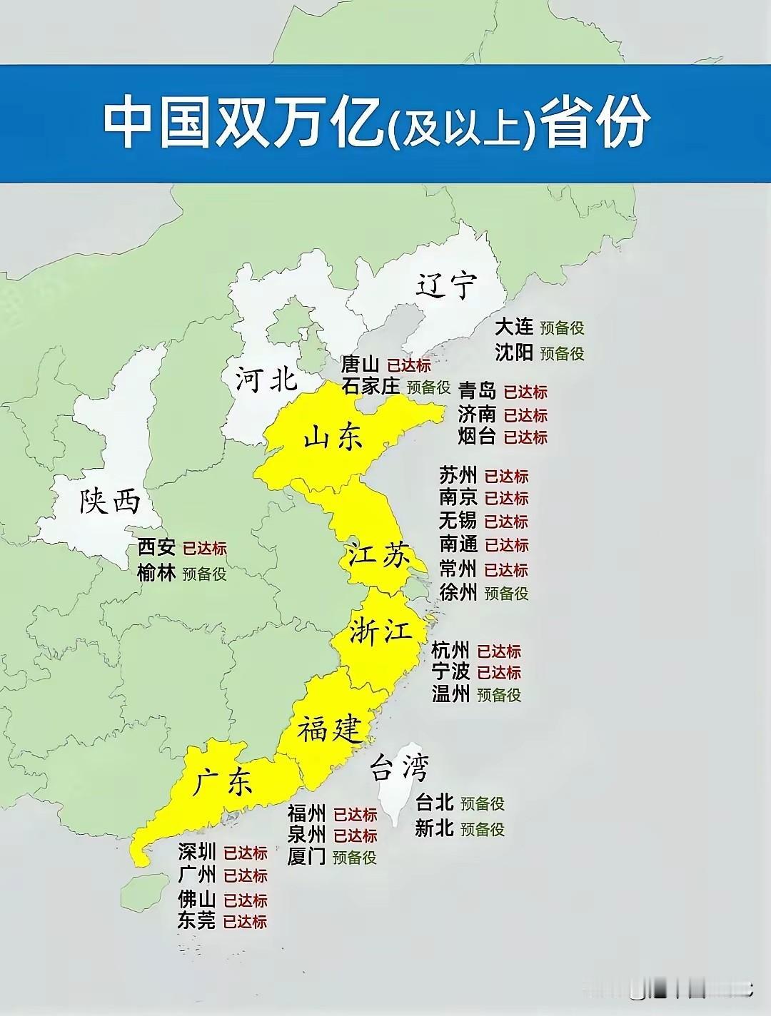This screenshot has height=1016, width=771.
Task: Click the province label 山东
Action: pos(333,437)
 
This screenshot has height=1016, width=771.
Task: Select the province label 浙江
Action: pos(381,632)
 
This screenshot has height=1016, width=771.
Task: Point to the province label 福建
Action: pos(330,730)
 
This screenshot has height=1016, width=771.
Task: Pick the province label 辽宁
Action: pos(445,285)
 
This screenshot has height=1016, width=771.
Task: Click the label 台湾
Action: pos(400,769)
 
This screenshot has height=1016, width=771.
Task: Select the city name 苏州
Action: pos(458,475)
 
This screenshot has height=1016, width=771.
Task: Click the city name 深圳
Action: pos(197,852)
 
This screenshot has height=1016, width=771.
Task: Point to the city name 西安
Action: pos(156,547)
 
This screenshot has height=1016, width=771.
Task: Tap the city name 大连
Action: pos(514,327)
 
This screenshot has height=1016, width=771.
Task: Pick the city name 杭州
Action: pos(450,650)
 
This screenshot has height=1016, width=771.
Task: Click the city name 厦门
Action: pos(307,856)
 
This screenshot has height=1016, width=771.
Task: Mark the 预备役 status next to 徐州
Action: pos(506,593)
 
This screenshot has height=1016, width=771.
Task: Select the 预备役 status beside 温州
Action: pos(499,694)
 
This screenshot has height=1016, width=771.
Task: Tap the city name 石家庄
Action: pos(371,386)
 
